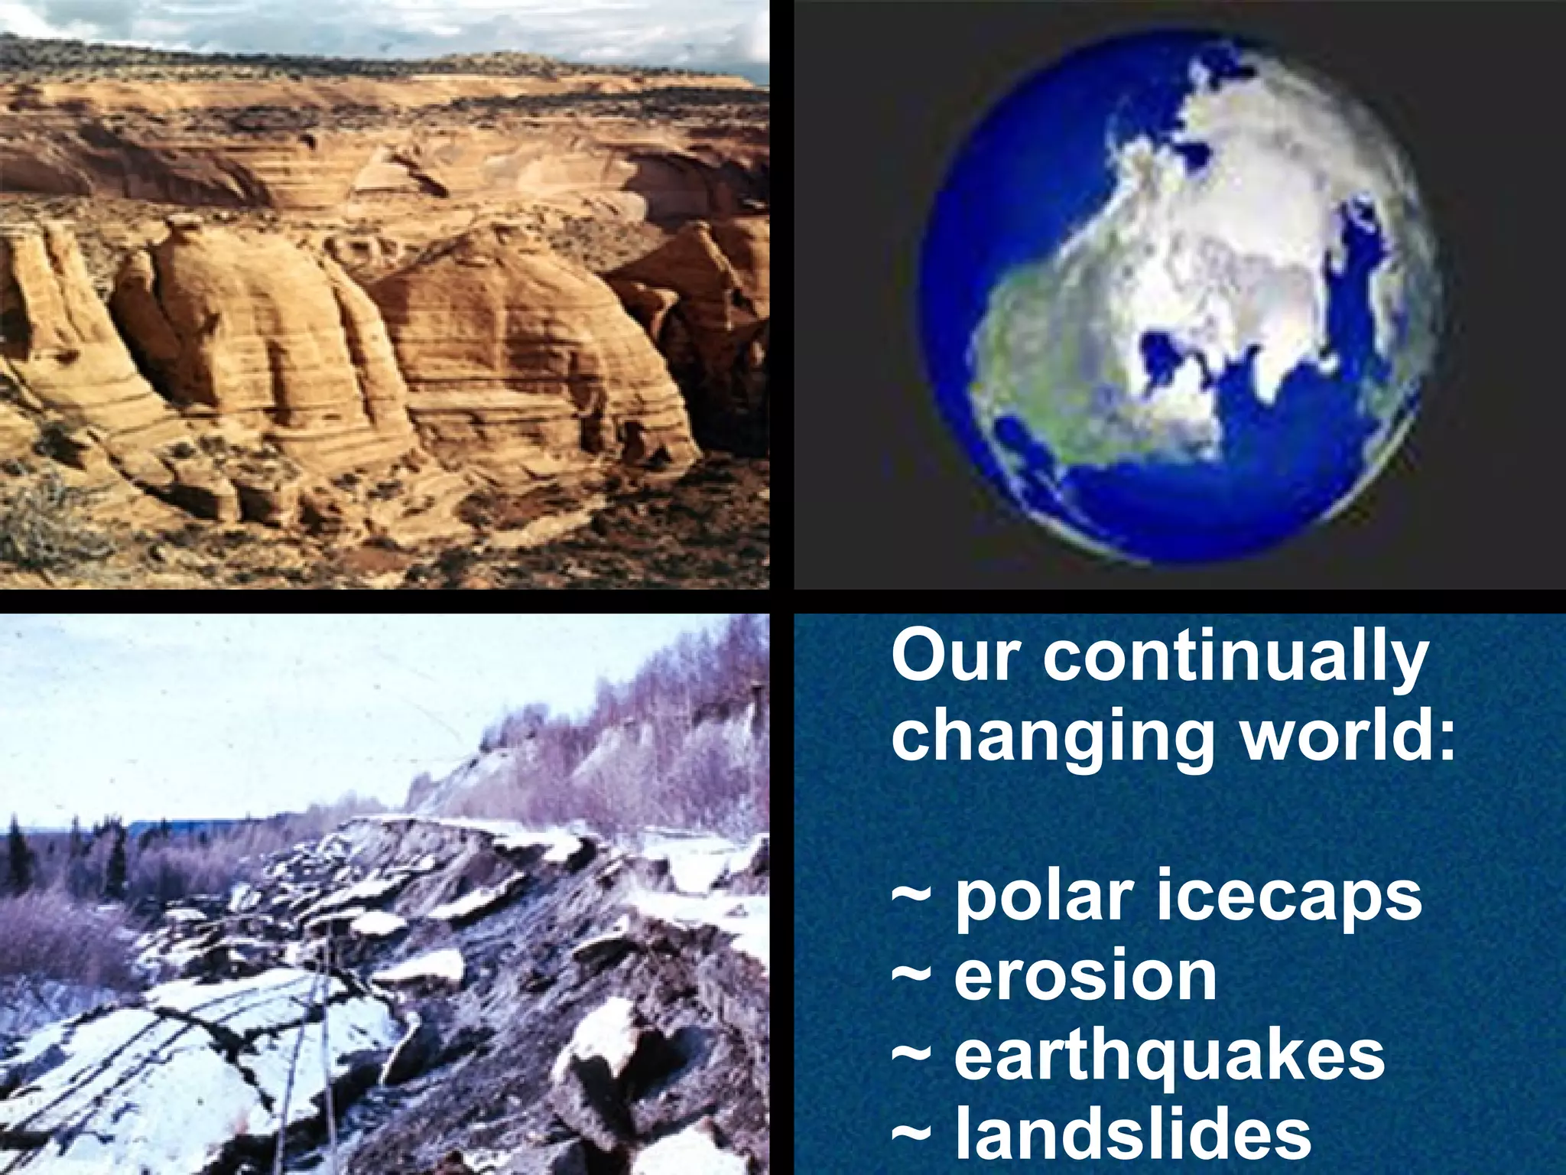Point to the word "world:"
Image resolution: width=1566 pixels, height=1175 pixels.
pyautogui.click(x=1347, y=735)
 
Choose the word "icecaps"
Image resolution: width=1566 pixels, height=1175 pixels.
pyautogui.click(x=1288, y=897)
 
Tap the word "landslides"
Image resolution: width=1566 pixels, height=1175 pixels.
pyautogui.click(x=1133, y=1134)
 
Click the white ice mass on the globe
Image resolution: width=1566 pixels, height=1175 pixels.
pyautogui.click(x=1239, y=229)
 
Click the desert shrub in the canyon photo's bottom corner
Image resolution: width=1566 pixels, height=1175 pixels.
pyautogui.click(x=46, y=528)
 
